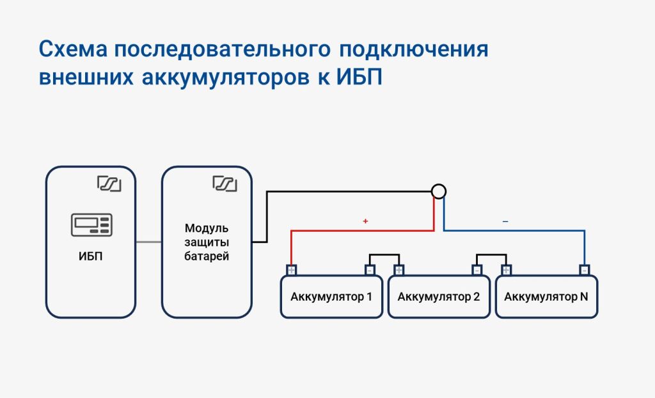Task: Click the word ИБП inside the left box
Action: click(x=91, y=256)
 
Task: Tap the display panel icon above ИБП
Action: click(x=91, y=225)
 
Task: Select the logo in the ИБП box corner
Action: click(x=109, y=184)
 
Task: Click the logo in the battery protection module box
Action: click(x=225, y=184)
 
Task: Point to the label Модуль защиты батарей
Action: click(x=207, y=242)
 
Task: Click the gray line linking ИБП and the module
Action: click(x=148, y=242)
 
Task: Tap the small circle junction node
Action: click(x=439, y=191)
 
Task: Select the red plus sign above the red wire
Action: click(x=365, y=221)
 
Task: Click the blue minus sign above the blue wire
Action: click(x=505, y=221)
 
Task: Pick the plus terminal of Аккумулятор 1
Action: click(x=291, y=270)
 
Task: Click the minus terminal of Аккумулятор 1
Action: click(x=370, y=270)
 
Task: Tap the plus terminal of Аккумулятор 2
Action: click(x=399, y=270)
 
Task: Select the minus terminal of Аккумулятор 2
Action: click(x=477, y=270)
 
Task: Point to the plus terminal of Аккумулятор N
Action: click(x=507, y=270)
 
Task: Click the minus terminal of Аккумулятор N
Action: click(x=585, y=270)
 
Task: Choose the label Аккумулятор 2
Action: click(x=439, y=297)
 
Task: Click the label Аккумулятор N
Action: click(x=546, y=297)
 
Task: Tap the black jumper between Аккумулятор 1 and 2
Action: click(x=384, y=255)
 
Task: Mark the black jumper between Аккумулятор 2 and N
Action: click(x=492, y=255)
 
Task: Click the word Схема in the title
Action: click(x=73, y=49)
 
